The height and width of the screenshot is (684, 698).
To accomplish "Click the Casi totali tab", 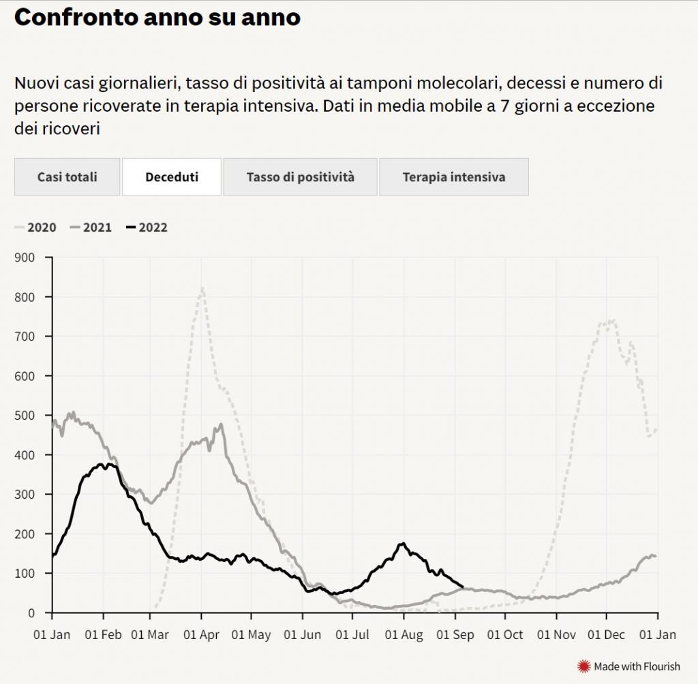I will pyautogui.click(x=67, y=177).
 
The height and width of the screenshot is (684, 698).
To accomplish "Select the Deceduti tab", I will pyautogui.click(x=172, y=177).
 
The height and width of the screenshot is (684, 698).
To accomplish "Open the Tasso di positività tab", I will pyautogui.click(x=301, y=177).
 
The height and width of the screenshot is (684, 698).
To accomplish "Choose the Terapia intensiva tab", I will pyautogui.click(x=454, y=177).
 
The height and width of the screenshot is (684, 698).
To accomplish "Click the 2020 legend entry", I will pyautogui.click(x=35, y=228).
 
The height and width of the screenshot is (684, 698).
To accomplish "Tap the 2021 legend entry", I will pyautogui.click(x=91, y=228).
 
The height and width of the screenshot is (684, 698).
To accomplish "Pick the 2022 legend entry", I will pyautogui.click(x=147, y=228).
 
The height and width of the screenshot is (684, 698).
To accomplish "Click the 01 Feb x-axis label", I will pyautogui.click(x=104, y=635).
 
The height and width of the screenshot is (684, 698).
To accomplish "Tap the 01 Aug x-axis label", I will pyautogui.click(x=404, y=635).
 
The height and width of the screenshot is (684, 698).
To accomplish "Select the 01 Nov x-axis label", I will pyautogui.click(x=556, y=635).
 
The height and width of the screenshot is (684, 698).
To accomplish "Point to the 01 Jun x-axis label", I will pyautogui.click(x=303, y=635).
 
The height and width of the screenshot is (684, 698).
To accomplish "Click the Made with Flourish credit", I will pyautogui.click(x=628, y=666).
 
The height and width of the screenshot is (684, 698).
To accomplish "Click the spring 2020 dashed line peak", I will pyautogui.click(x=202, y=289).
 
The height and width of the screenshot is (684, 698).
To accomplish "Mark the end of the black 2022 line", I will pyautogui.click(x=463, y=587).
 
